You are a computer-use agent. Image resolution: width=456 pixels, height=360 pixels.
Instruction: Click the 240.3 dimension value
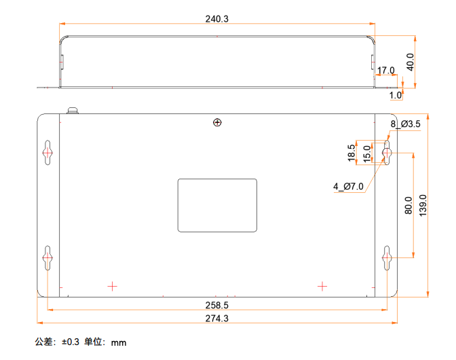[217, 19]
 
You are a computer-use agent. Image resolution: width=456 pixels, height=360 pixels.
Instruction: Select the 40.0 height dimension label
[410, 62]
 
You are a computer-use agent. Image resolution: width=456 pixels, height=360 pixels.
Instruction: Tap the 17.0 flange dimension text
[386, 71]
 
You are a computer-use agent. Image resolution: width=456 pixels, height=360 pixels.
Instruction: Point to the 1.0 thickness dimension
[396, 95]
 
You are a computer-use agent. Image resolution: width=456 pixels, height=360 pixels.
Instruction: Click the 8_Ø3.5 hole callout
[405, 124]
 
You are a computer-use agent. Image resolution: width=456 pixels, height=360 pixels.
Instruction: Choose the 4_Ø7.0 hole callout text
[348, 186]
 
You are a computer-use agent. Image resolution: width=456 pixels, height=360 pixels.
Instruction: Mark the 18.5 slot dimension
[351, 153]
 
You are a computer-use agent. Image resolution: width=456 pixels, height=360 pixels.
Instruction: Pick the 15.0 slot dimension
[367, 154]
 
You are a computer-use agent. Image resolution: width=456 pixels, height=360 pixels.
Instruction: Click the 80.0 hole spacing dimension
[408, 205]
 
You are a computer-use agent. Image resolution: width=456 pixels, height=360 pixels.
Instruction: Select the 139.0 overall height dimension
[423, 205]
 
